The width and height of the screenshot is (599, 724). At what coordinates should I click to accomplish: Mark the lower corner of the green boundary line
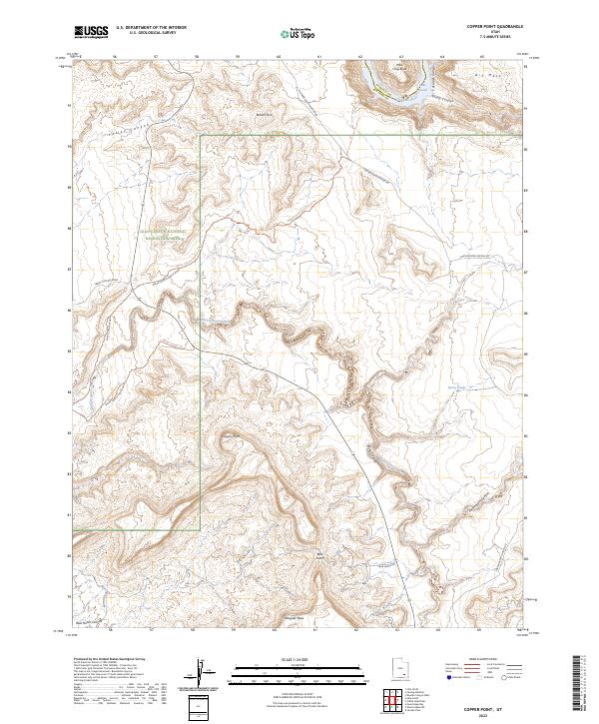(201, 528)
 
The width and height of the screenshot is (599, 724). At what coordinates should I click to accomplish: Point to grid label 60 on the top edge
(279, 57)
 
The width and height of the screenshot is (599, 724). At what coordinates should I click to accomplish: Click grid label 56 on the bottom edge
(115, 631)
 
